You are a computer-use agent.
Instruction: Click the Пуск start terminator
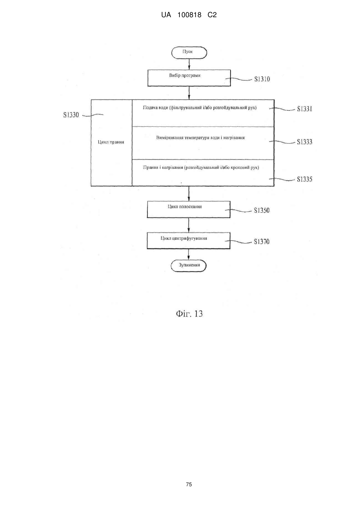point(189,53)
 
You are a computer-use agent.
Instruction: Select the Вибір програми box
point(189,78)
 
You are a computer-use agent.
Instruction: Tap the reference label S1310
point(262,79)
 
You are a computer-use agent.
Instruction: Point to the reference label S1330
point(71,115)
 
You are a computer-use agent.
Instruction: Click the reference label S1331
point(304,109)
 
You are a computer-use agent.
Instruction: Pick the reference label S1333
point(304,142)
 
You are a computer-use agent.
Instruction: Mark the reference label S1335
point(304,179)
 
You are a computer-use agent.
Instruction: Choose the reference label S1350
point(262,210)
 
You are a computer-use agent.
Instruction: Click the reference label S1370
point(262,242)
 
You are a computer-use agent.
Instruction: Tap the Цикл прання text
point(111,142)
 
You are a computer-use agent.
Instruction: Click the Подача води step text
point(200,108)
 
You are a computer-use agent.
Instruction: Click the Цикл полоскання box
point(189,209)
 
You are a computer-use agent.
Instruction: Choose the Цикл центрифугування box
point(189,240)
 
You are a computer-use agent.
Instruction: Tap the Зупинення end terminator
point(189,265)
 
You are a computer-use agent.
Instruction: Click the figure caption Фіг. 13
point(189,313)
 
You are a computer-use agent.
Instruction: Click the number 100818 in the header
point(189,15)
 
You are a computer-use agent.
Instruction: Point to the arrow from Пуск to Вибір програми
point(189,64)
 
